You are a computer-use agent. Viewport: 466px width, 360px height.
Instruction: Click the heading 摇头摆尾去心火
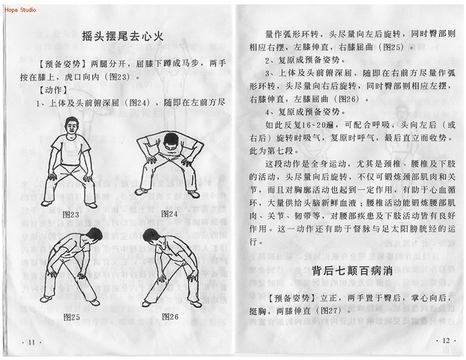(x=123, y=36)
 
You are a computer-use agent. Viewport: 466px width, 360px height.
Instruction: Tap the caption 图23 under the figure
(x=71, y=214)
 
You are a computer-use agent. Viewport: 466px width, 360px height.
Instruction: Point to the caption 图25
(x=71, y=317)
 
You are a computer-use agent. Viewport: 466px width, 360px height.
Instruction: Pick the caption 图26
(x=170, y=317)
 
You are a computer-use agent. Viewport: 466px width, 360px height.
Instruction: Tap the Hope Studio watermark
(x=20, y=10)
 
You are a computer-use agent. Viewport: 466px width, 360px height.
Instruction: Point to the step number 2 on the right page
(x=267, y=61)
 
